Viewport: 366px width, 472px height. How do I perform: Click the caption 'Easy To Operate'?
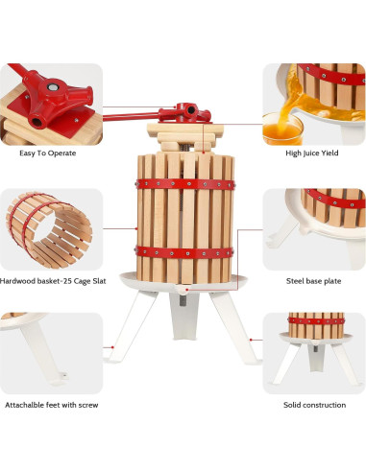click(48, 153)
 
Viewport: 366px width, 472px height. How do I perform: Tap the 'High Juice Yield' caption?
click(312, 153)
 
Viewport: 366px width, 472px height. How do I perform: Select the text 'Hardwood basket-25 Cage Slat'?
click(53, 281)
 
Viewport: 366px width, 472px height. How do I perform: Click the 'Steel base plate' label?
click(313, 281)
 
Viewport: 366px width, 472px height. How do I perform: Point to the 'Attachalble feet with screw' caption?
click(52, 405)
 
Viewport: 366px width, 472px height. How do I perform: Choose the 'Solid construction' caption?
click(314, 405)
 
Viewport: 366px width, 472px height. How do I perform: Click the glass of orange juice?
click(282, 129)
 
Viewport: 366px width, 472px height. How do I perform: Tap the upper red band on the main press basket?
click(185, 184)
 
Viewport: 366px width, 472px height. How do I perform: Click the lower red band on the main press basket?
click(184, 252)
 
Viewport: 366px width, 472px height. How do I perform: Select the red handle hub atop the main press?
click(184, 113)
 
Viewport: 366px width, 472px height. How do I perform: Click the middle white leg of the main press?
click(184, 316)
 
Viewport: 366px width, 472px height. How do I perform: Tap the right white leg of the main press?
click(234, 328)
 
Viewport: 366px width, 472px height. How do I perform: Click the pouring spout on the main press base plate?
click(183, 290)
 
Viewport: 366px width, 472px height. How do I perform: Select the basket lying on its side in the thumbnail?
click(49, 230)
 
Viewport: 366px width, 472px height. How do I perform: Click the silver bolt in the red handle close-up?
click(53, 87)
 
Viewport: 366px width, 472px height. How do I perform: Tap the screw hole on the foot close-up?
click(64, 375)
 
